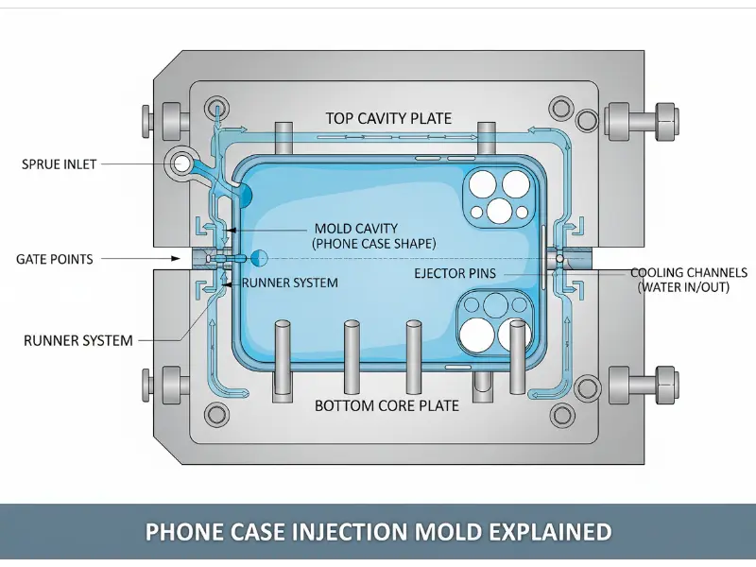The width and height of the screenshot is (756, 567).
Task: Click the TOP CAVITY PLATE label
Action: click(388, 119)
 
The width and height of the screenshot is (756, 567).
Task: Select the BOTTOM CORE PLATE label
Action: click(387, 405)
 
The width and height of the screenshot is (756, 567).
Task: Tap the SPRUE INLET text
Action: click(59, 164)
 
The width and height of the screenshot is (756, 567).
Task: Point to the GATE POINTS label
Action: click(55, 259)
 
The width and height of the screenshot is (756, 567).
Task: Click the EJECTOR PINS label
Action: click(455, 274)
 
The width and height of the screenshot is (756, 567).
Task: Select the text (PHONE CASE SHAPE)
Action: click(374, 244)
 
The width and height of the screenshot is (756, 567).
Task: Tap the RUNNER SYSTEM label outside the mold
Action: click(77, 340)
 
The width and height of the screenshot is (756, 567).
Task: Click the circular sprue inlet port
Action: click(180, 165)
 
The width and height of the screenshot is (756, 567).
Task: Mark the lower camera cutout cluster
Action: click(491, 319)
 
